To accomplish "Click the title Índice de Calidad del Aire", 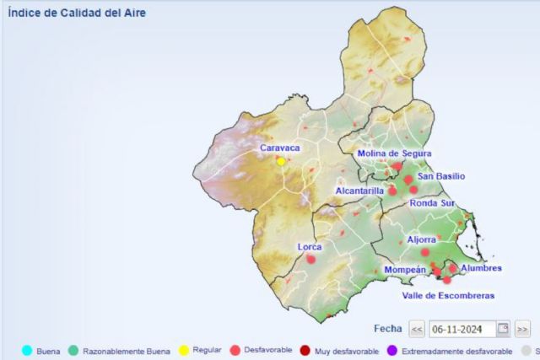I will (x=65, y=13).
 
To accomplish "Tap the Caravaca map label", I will (x=280, y=148).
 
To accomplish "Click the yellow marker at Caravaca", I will (x=281, y=161).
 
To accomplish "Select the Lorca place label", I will (x=310, y=247).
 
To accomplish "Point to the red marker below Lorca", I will (x=310, y=260).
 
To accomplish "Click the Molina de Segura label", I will (x=394, y=153).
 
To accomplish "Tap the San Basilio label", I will (x=441, y=176).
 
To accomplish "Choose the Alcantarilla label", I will (x=359, y=191).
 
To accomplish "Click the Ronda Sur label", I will (x=432, y=203).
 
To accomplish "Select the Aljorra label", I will (x=422, y=239).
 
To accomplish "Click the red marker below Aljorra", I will (x=425, y=251).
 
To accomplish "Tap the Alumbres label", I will (x=482, y=268).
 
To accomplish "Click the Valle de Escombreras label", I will (x=448, y=295).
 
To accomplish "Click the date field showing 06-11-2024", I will (x=462, y=329).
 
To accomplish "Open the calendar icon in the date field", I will (x=503, y=329).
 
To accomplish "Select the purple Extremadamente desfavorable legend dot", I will (x=391, y=350).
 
